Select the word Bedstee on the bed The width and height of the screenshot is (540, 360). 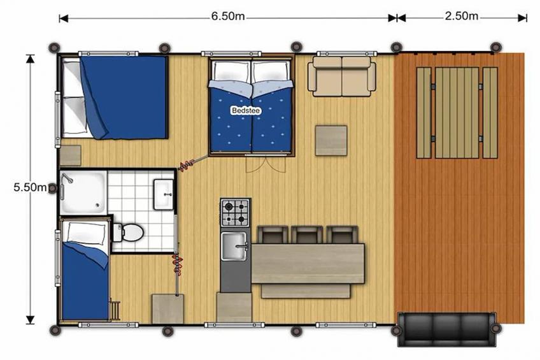coord(245,110)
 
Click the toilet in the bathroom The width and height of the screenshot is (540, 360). coord(129,232)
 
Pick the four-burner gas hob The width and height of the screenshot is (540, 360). coord(236,213)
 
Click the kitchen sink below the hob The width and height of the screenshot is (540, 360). coord(235,247)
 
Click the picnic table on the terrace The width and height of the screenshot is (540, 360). coord(457,112)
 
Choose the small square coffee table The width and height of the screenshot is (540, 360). coord(331,140)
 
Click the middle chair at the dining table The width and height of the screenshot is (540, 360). coord(306,234)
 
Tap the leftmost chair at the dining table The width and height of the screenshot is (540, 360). coord(271,234)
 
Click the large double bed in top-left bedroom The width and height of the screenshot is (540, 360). coord(115,97)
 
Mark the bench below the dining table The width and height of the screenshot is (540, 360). coord(306,291)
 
